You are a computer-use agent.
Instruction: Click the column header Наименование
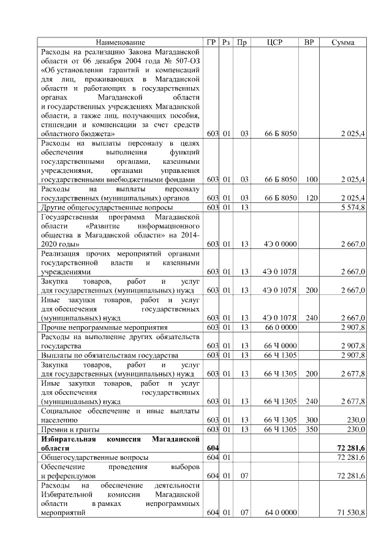click(x=121, y=42)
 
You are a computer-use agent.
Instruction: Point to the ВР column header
click(x=309, y=42)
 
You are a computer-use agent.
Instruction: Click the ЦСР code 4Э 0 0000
click(x=281, y=244)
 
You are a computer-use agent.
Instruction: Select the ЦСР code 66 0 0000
click(x=281, y=327)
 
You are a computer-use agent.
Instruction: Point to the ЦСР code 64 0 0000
click(x=281, y=512)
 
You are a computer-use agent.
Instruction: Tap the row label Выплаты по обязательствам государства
click(x=108, y=356)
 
